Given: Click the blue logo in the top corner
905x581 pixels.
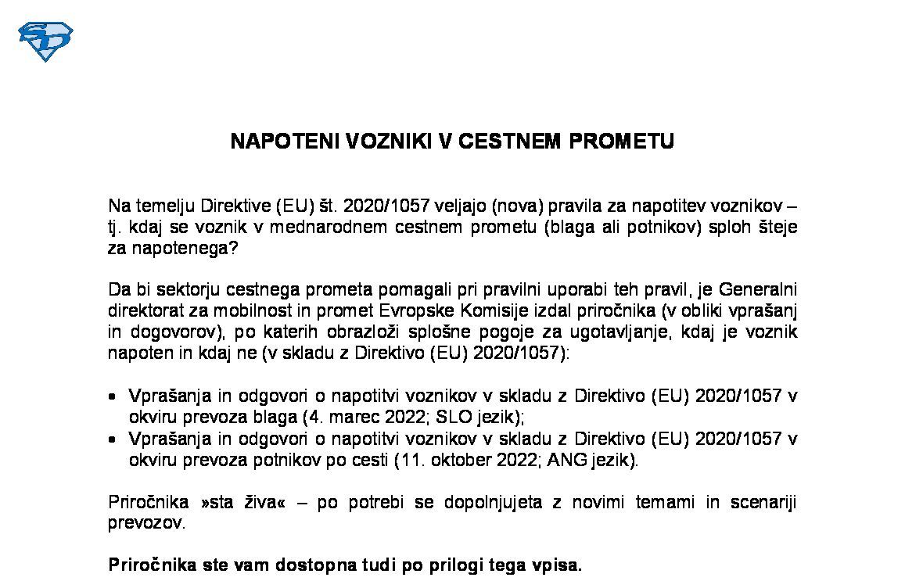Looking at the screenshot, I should [x=45, y=41].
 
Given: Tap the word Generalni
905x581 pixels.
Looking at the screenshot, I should [x=758, y=289].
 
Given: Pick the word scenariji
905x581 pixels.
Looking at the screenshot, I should [x=762, y=502].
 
